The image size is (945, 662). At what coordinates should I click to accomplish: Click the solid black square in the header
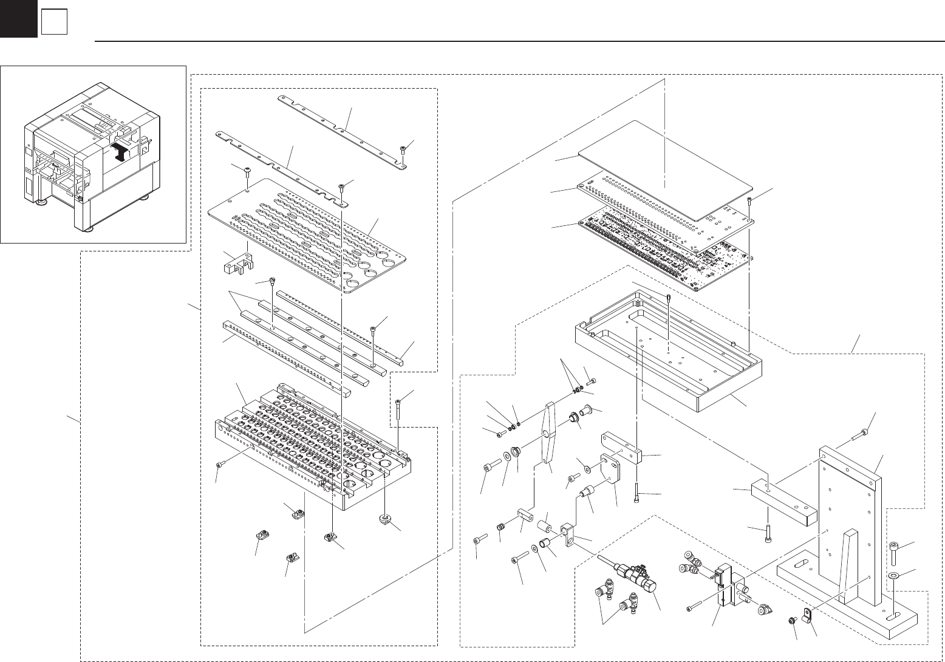click(18, 19)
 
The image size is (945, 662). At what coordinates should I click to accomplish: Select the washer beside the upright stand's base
click(894, 575)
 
